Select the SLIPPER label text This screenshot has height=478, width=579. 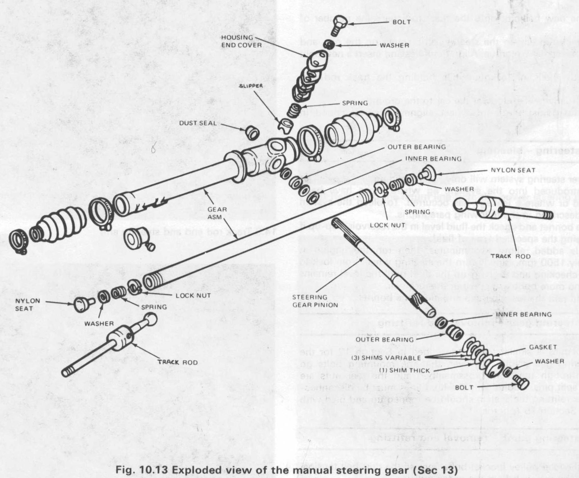click(251, 86)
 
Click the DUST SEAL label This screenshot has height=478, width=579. click(198, 123)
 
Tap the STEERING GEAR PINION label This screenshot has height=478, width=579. click(315, 301)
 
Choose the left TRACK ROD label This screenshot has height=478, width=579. click(178, 362)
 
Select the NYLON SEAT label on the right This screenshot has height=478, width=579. click(513, 170)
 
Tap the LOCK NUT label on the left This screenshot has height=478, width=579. click(193, 295)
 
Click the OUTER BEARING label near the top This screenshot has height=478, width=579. click(416, 147)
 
